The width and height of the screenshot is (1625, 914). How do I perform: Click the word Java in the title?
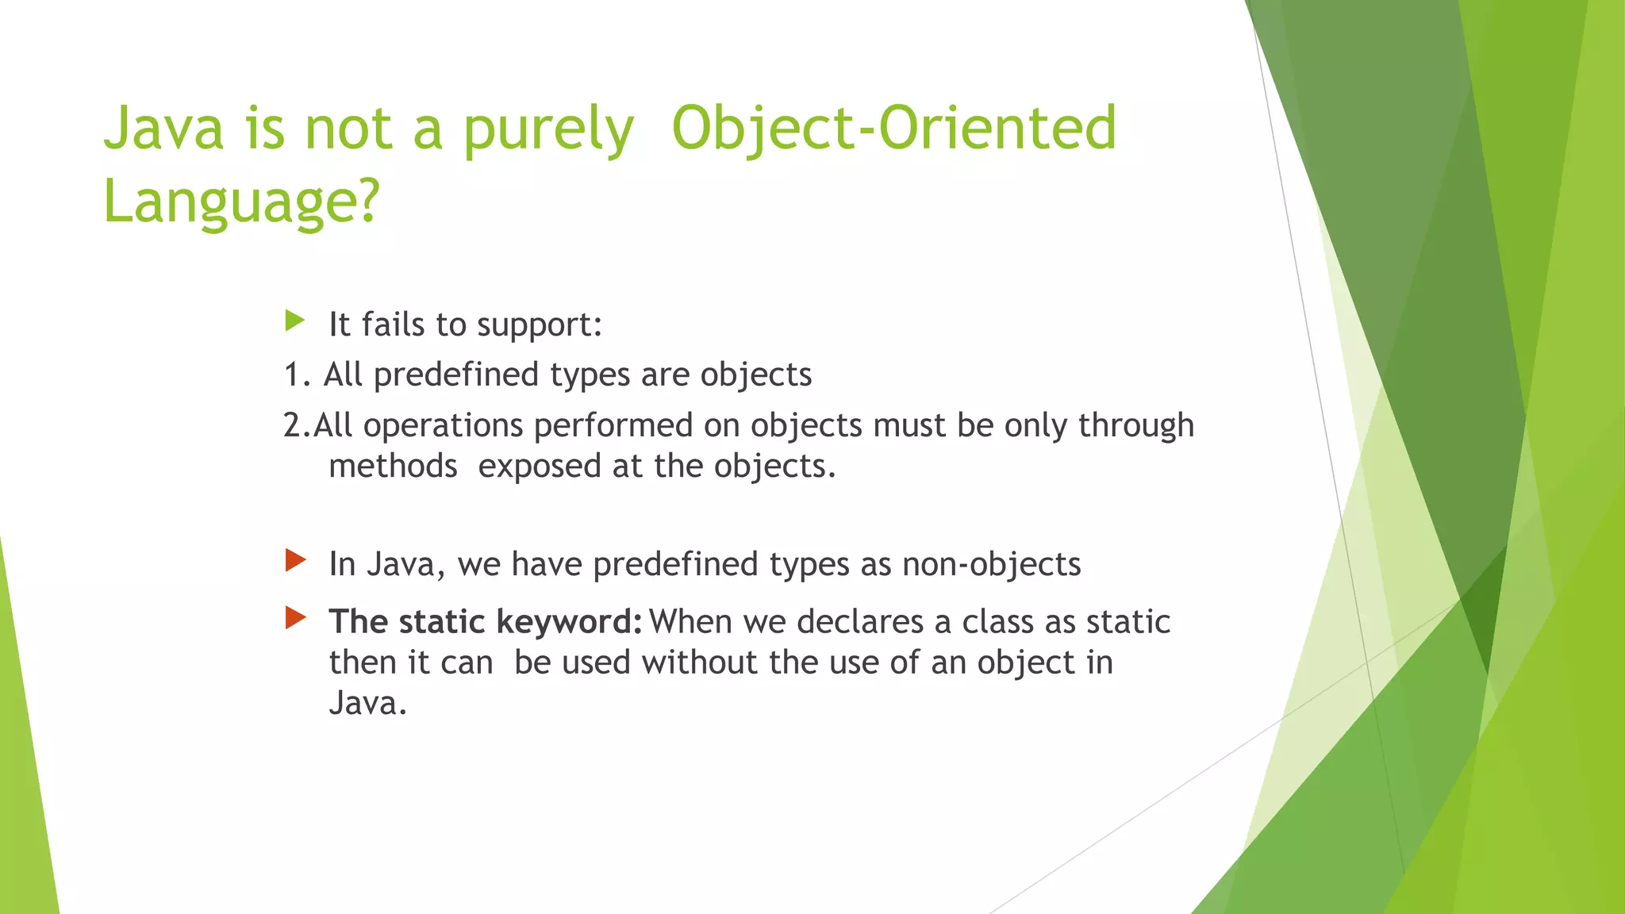tap(164, 129)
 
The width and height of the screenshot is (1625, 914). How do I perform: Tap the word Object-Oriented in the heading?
tap(893, 129)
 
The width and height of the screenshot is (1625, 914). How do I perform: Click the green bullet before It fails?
tap(294, 321)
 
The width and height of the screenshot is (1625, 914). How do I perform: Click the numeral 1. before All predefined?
tap(297, 374)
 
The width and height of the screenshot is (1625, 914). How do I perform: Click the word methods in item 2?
tap(393, 467)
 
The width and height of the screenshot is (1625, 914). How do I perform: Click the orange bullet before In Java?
tap(295, 561)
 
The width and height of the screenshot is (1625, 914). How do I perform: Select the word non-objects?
tap(991, 564)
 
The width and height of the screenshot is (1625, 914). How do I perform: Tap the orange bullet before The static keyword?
tap(295, 617)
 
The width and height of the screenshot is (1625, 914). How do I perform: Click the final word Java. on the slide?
tap(367, 704)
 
